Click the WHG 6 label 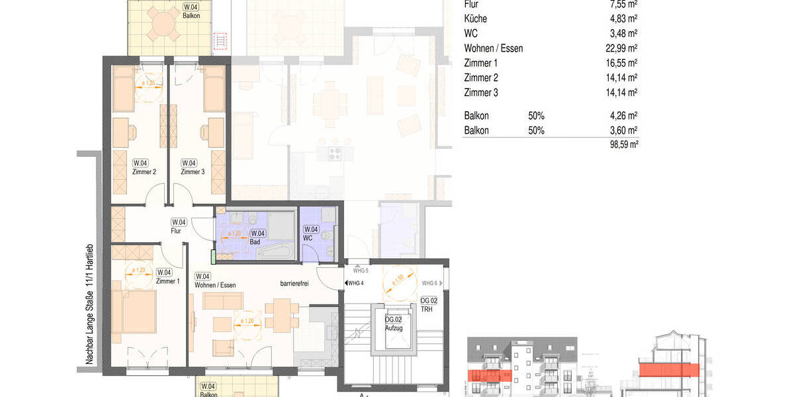point(431,283)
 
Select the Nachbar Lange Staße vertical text point(89,305)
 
